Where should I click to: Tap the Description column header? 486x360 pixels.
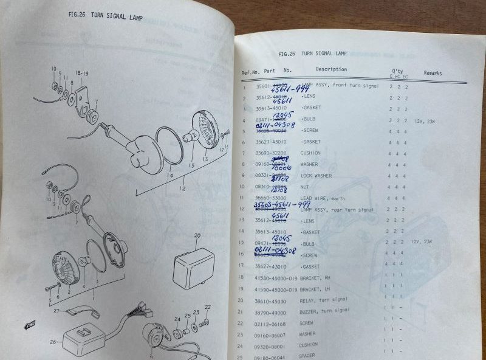pyautogui.click(x=331, y=69)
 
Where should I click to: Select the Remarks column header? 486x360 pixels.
pyautogui.click(x=433, y=73)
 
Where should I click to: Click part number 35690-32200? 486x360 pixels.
pyautogui.click(x=271, y=153)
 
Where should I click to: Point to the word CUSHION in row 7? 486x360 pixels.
pyautogui.click(x=310, y=153)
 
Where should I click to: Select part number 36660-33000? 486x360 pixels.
pyautogui.click(x=271, y=198)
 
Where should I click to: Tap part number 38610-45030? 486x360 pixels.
pyautogui.click(x=271, y=300)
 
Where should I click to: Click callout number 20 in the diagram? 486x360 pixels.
pyautogui.click(x=197, y=235)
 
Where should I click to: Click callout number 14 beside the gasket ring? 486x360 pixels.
pyautogui.click(x=169, y=175)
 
